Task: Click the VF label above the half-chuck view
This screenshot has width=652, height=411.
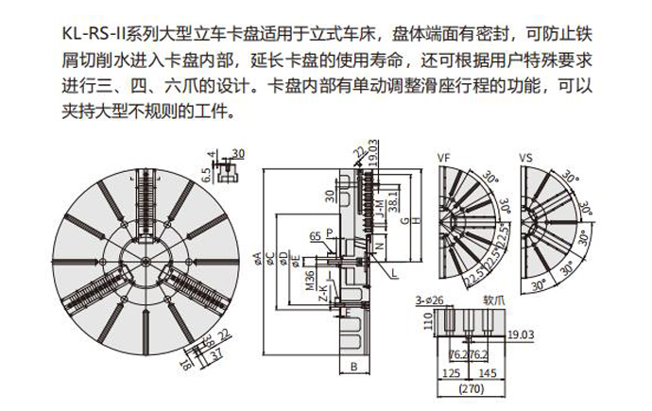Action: coord(445,157)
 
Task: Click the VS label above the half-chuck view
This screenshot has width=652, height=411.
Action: coord(525,157)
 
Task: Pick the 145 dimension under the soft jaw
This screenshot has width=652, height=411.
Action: coord(488,373)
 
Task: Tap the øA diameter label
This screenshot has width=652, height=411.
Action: coord(257,255)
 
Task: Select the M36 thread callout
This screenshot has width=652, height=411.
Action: coord(309,280)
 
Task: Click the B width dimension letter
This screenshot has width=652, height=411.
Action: coord(352,367)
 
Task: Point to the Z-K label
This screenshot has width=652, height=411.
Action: coord(321,289)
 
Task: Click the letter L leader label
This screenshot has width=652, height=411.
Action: coord(393,272)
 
